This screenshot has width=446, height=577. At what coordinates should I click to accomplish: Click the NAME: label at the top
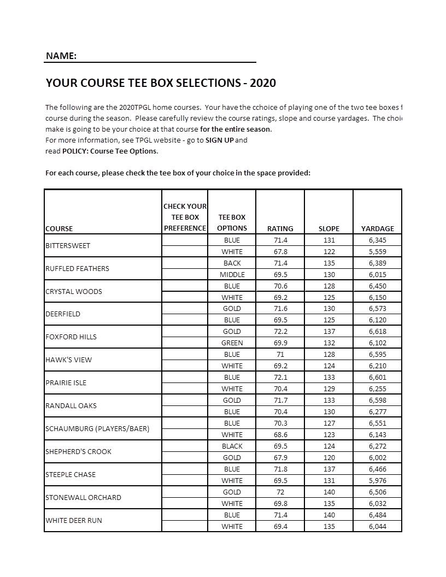pyautogui.click(x=61, y=56)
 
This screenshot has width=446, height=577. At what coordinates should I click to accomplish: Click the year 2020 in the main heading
pyautogui.click(x=263, y=83)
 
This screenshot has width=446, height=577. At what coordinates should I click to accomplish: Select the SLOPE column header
pyautogui.click(x=328, y=228)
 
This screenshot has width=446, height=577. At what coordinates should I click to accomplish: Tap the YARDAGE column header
pyautogui.click(x=377, y=228)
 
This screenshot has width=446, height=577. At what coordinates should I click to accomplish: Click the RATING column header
pyautogui.click(x=280, y=228)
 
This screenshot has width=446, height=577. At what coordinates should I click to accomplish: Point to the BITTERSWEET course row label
pyautogui.click(x=68, y=246)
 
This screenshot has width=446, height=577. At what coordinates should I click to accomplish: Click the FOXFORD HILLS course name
pyautogui.click(x=71, y=337)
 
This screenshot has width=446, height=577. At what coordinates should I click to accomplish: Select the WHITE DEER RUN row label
pyautogui.click(x=74, y=521)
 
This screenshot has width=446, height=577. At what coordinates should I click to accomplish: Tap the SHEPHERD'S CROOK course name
pyautogui.click(x=78, y=452)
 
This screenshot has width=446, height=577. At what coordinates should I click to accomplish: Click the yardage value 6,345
pyautogui.click(x=377, y=240)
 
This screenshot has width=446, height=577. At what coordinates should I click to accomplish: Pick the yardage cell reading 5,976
pyautogui.click(x=377, y=481)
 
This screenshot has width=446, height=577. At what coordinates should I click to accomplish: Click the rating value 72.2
pyautogui.click(x=280, y=332)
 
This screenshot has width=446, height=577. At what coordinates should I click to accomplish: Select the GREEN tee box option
pyautogui.click(x=232, y=343)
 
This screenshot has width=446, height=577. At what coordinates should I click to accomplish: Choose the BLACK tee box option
pyautogui.click(x=232, y=446)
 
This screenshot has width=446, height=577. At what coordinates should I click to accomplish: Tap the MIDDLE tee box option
pyautogui.click(x=232, y=275)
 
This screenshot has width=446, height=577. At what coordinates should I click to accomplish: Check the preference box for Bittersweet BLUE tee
pyautogui.click(x=185, y=240)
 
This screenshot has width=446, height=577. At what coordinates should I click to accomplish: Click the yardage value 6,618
pyautogui.click(x=377, y=332)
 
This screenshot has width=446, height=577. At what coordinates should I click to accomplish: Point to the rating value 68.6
pyautogui.click(x=280, y=435)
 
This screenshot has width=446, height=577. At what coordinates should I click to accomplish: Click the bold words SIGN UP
pyautogui.click(x=220, y=140)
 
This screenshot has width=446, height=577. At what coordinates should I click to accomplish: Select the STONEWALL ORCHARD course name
pyautogui.click(x=83, y=498)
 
